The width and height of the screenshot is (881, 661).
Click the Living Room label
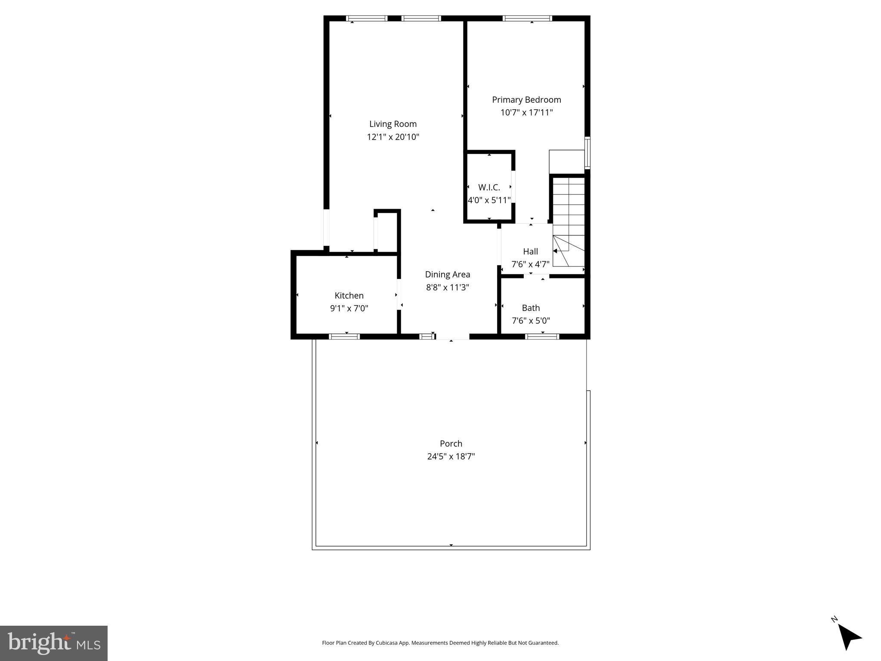click(x=393, y=124)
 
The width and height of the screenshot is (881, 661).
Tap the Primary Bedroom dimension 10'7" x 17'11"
click(x=526, y=113)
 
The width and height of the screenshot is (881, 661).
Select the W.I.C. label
click(x=489, y=188)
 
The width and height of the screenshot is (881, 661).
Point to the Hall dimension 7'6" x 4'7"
click(x=530, y=264)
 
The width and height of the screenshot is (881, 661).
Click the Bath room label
click(x=530, y=308)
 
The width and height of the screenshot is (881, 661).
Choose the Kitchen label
click(x=349, y=296)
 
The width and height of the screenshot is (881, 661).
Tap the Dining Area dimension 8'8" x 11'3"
click(x=447, y=287)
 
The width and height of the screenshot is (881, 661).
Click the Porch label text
click(x=451, y=443)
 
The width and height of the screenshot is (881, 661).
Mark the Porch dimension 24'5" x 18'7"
click(x=451, y=456)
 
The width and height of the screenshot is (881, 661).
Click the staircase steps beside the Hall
click(x=569, y=215)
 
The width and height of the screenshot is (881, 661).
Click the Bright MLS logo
click(x=54, y=643)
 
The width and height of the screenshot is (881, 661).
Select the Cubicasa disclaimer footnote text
click(x=440, y=643)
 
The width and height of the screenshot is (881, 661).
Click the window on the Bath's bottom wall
click(x=542, y=337)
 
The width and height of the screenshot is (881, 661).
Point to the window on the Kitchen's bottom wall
click(x=344, y=337)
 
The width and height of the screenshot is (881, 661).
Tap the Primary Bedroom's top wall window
click(x=527, y=19)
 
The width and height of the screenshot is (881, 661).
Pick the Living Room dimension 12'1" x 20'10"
click(x=393, y=137)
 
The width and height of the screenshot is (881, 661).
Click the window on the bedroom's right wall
click(x=587, y=153)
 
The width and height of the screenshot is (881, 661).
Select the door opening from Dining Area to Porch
click(x=452, y=337)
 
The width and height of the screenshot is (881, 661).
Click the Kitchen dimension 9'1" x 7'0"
click(x=349, y=309)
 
